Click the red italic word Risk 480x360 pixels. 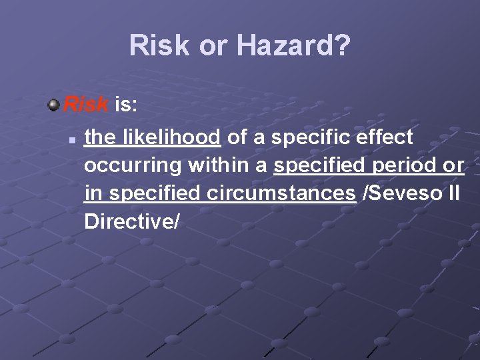[x=87, y=105]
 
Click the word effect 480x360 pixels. [x=385, y=138]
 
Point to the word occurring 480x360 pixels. [x=133, y=166]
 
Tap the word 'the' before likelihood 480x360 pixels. [x=99, y=138]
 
